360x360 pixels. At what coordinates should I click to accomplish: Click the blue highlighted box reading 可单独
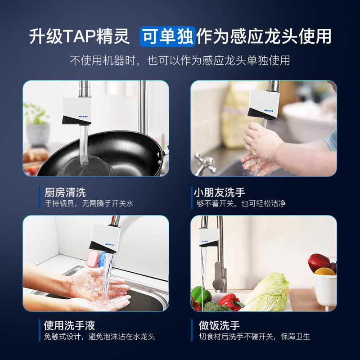(x=167, y=36)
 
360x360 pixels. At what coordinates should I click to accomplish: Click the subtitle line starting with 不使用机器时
(x=180, y=60)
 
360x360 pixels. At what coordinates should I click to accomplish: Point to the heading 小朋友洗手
(x=219, y=193)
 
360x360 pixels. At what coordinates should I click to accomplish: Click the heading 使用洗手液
(x=70, y=325)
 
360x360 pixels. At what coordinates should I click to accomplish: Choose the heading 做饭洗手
(x=219, y=325)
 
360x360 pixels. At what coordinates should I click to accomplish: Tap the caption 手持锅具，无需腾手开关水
(x=89, y=204)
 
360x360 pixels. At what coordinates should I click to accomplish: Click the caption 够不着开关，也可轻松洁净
(x=241, y=204)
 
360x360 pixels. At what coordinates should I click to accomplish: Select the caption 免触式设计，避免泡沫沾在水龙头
(x=99, y=337)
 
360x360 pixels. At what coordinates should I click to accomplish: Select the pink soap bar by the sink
(x=94, y=258)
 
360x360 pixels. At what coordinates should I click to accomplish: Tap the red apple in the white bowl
(x=319, y=261)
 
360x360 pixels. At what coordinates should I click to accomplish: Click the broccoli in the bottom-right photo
(x=211, y=306)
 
